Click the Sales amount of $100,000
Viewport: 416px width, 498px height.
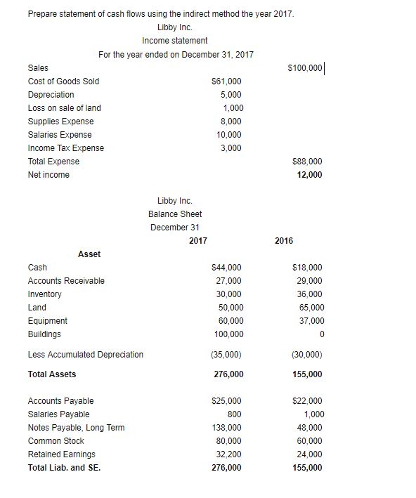305,67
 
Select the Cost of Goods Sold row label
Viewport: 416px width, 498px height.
63,81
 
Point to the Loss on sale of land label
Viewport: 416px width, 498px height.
64,108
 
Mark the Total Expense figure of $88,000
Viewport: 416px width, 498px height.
306,162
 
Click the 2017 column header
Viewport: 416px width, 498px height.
198,241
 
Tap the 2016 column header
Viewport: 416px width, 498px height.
284,241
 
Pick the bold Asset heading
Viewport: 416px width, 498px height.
89,254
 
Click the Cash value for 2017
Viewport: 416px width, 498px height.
226,268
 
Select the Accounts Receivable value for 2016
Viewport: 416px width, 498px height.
309,281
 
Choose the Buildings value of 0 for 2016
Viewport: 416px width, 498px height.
320,334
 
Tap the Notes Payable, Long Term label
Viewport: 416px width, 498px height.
76,428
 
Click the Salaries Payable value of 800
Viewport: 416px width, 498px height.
235,414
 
